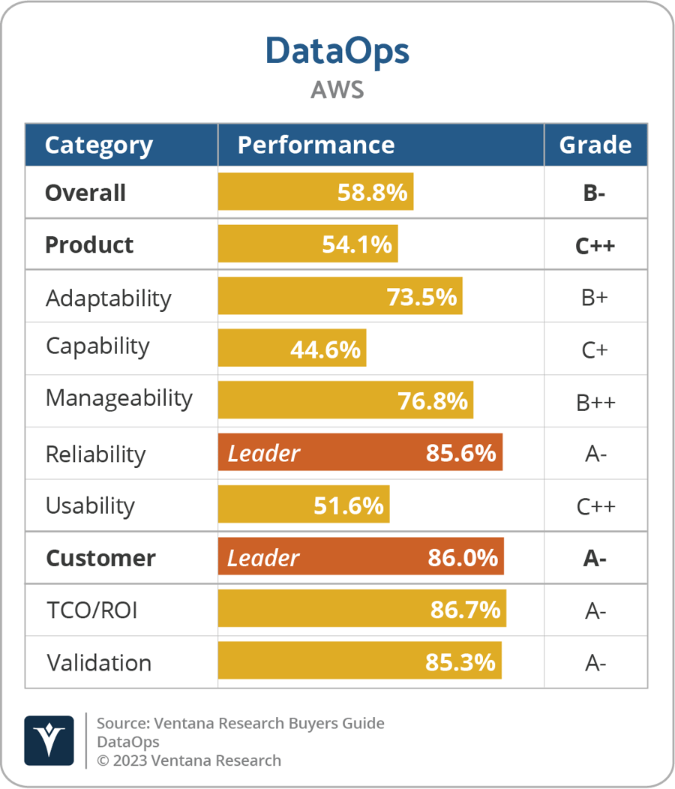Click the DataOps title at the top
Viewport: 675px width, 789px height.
pos(337,50)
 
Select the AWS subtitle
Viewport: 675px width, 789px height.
pos(337,89)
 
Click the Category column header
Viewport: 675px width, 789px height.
pos(98,145)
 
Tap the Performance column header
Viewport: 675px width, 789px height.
pos(316,145)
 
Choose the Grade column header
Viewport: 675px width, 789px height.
pos(595,145)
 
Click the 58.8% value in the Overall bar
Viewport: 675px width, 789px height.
pos(372,193)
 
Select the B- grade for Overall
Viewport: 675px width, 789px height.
pos(595,193)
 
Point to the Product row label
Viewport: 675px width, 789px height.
pos(89,245)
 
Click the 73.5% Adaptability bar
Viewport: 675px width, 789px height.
pos(340,297)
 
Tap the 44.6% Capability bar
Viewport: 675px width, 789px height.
pos(292,349)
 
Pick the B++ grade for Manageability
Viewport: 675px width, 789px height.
pos(595,402)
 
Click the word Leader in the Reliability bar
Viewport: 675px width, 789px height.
pos(263,454)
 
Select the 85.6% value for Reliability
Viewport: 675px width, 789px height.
pos(460,454)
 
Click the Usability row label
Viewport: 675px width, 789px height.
pos(90,505)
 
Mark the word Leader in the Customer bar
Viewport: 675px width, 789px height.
pos(263,558)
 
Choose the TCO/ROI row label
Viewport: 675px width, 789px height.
pos(91,610)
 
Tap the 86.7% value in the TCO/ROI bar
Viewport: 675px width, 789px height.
pos(465,610)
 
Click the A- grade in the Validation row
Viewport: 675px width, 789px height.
pos(595,663)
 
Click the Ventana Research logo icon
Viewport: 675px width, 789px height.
pos(49,740)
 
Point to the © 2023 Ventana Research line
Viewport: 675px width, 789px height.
pos(188,760)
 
